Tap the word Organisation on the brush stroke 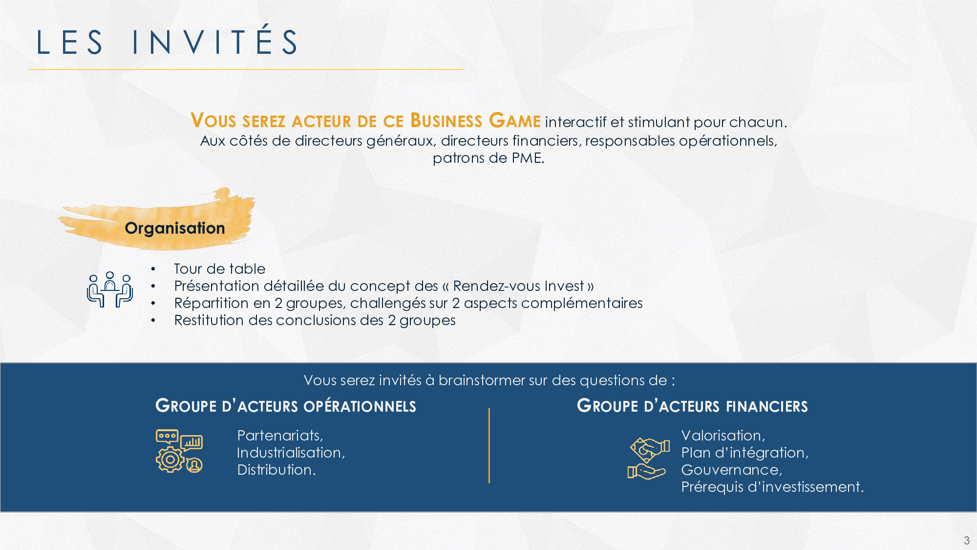175,228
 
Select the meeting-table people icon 110,289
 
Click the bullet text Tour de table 220,269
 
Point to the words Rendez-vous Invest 518,286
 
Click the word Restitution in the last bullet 209,320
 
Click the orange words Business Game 475,120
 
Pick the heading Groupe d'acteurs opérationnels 286,406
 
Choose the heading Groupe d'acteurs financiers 692,406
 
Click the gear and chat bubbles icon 179,451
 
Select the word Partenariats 280,436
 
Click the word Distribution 276,470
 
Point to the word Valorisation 723,436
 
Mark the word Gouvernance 731,470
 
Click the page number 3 966,540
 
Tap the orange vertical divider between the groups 489,445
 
